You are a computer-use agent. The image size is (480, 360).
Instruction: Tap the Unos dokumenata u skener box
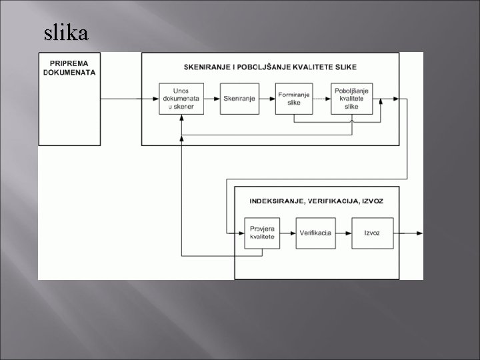[x=181, y=99]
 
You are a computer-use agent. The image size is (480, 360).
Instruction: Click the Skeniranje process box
[x=239, y=99]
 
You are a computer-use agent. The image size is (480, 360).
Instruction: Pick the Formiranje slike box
[x=293, y=99]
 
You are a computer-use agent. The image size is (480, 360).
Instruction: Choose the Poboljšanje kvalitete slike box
[x=351, y=99]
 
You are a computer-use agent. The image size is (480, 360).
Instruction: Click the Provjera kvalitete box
[x=262, y=233]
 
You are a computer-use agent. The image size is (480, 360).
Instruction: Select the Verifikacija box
[x=316, y=233]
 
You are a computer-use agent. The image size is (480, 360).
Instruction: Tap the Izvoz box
[x=371, y=233]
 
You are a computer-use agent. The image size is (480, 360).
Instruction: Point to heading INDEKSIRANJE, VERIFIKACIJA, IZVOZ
[x=317, y=201]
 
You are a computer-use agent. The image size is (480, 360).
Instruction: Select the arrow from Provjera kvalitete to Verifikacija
[x=288, y=233]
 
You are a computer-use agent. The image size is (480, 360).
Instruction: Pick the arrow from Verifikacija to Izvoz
[x=344, y=233]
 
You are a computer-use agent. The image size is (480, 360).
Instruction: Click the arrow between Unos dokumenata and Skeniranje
[x=211, y=99]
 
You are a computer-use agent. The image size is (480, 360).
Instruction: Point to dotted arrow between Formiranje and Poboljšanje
[x=322, y=99]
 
